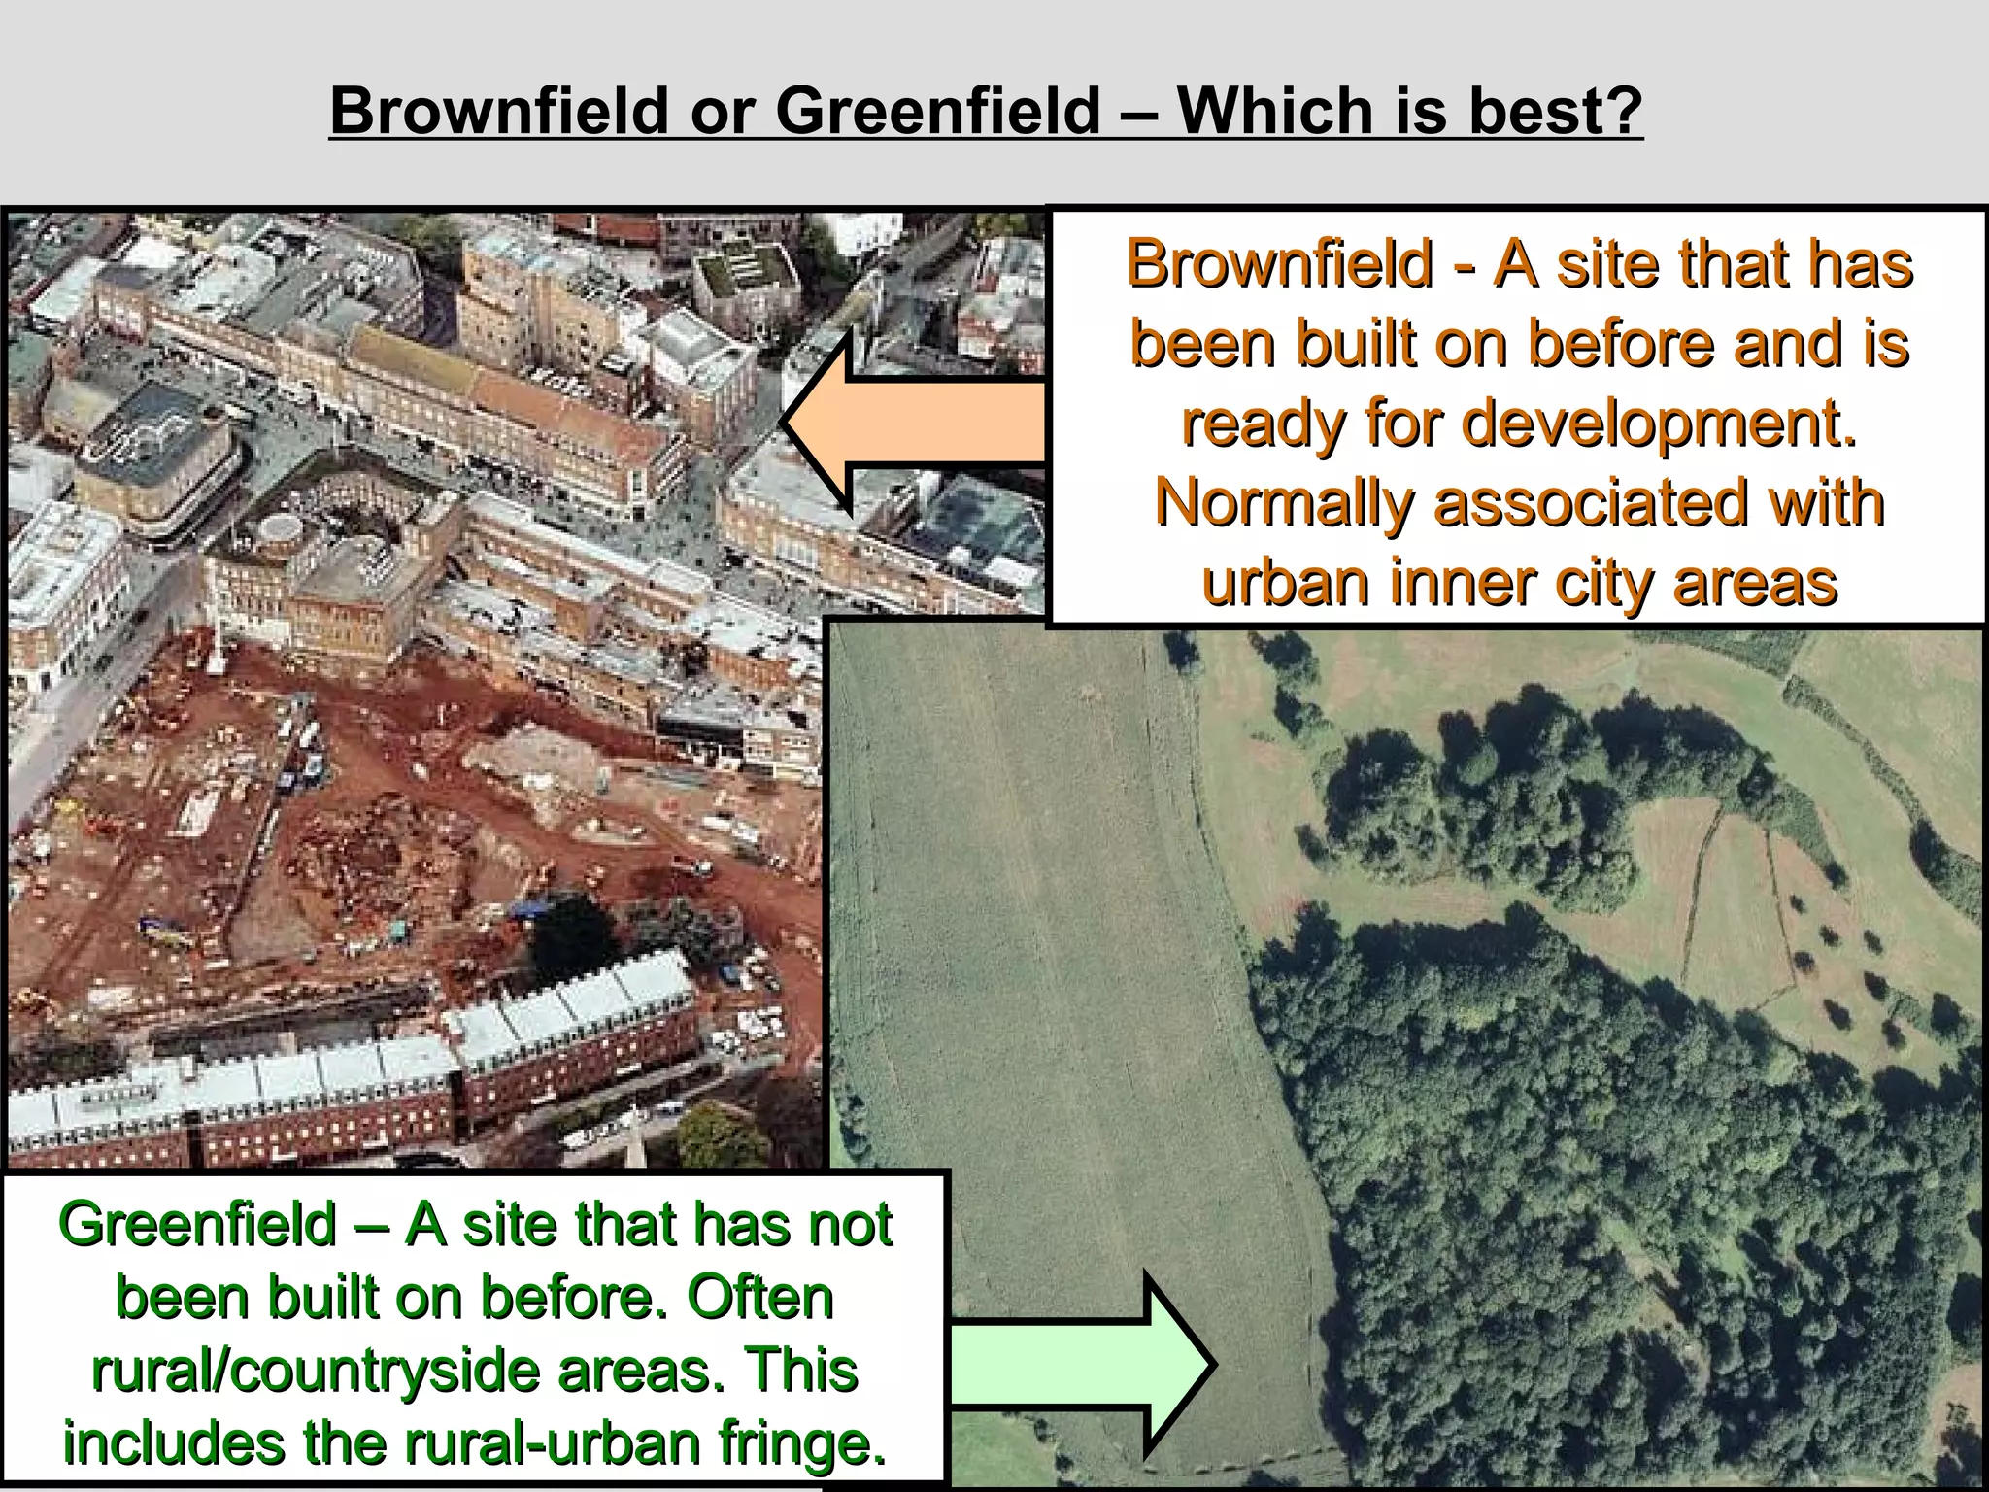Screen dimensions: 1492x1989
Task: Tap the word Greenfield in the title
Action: (x=937, y=110)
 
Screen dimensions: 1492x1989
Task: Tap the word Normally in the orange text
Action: (x=1282, y=503)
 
